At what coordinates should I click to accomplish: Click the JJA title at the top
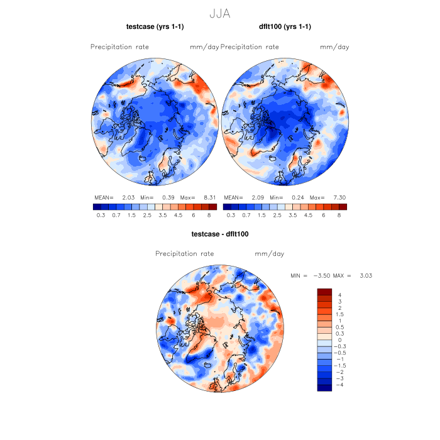click(219, 13)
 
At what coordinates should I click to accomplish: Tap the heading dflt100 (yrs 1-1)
click(285, 26)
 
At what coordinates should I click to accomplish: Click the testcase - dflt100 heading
click(220, 234)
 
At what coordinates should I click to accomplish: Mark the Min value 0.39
click(168, 197)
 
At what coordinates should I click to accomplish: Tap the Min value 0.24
click(299, 197)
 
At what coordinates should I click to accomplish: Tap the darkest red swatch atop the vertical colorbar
click(324, 291)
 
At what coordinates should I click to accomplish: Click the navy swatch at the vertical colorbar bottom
click(324, 388)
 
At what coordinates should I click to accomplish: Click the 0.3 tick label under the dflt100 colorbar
click(231, 215)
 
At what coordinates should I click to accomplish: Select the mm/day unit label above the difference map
click(269, 254)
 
